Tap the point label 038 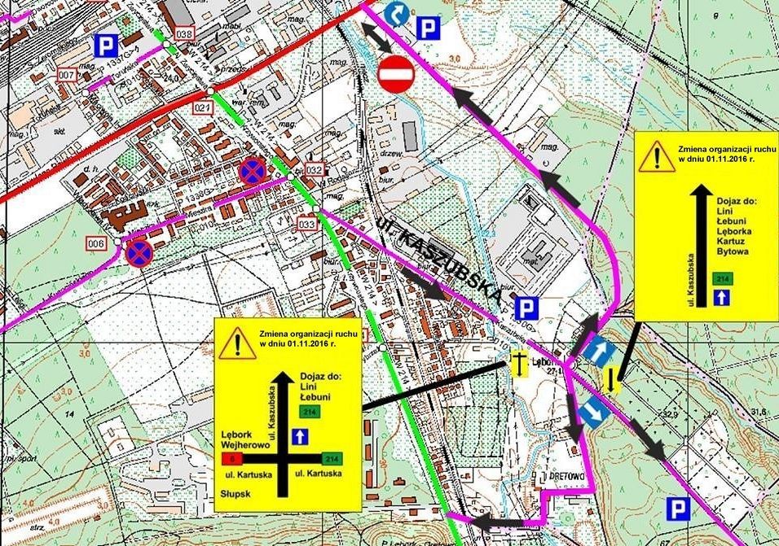[184, 34]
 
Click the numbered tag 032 [315, 169]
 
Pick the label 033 [307, 223]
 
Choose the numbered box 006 [97, 244]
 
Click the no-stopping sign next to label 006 [138, 252]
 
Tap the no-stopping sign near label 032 [252, 171]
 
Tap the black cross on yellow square [516, 364]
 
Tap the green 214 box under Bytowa [721, 279]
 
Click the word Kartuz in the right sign [729, 242]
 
